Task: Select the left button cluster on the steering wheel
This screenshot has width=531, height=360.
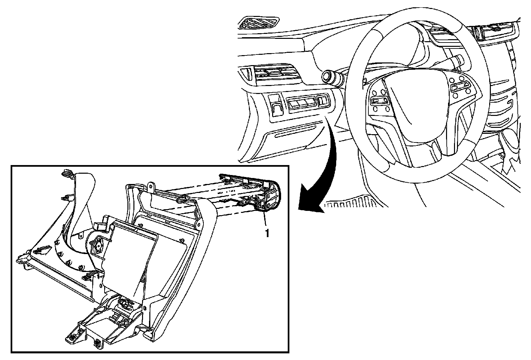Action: (x=380, y=100)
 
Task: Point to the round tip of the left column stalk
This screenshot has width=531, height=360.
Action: (x=326, y=76)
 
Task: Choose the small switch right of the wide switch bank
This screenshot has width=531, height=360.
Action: (x=323, y=101)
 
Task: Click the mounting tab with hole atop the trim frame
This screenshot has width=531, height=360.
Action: (x=151, y=187)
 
